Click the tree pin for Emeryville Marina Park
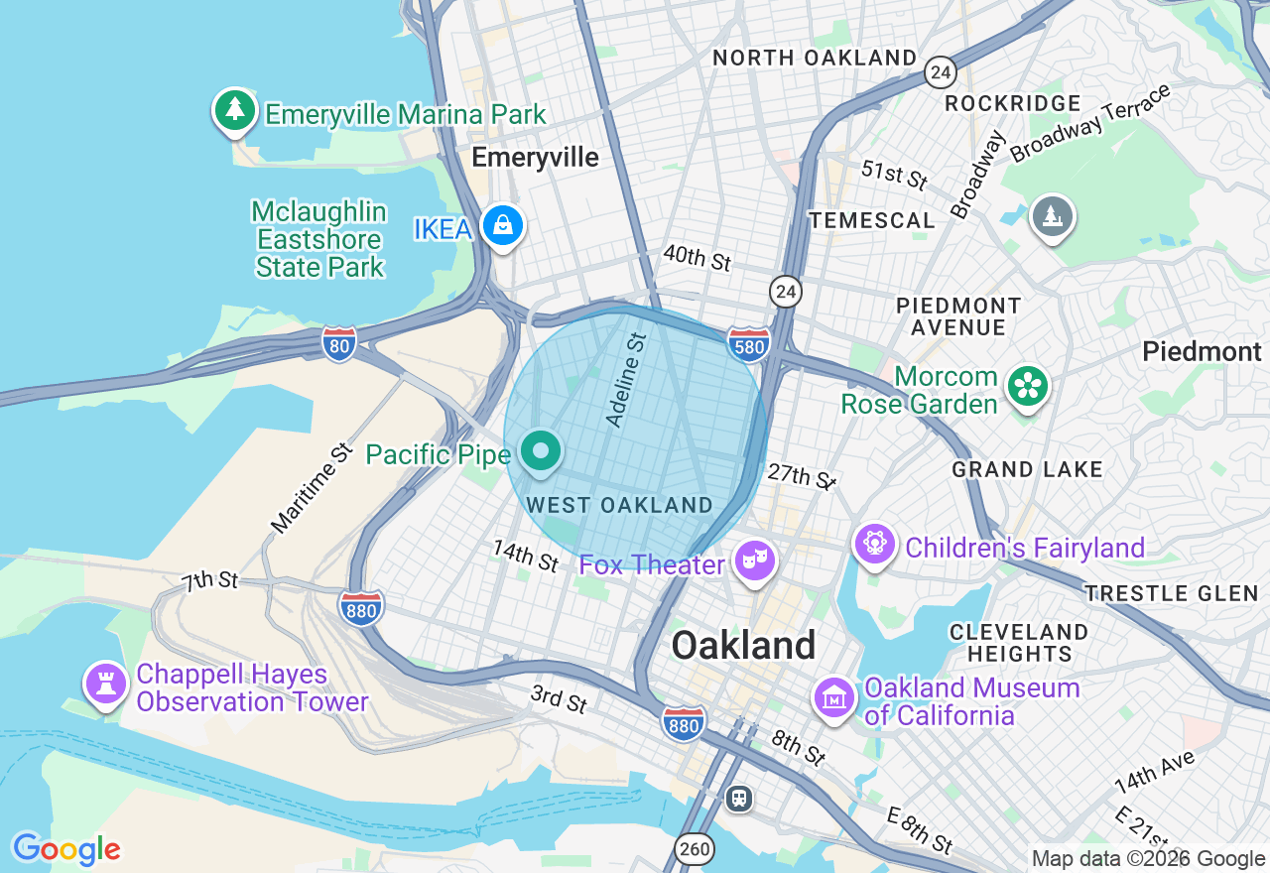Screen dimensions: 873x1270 (x=235, y=110)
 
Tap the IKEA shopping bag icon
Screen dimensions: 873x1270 (x=503, y=226)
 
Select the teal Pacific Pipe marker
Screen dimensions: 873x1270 (x=542, y=452)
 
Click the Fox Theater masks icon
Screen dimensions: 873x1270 (x=755, y=561)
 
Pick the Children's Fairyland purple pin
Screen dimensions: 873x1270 (x=875, y=545)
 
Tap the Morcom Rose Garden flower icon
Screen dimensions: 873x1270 (x=1027, y=387)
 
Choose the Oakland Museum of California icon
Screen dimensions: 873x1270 (x=834, y=698)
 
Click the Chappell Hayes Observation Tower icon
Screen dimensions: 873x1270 (x=105, y=684)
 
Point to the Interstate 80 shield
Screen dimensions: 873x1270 (x=339, y=343)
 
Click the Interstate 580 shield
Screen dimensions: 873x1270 (x=748, y=343)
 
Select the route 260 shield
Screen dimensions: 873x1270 (x=695, y=848)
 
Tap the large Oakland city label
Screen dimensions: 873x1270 (x=743, y=646)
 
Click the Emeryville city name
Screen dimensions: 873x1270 (x=535, y=158)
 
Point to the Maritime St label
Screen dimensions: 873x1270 (x=312, y=487)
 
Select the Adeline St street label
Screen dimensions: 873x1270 (x=626, y=381)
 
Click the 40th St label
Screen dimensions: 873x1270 (x=697, y=258)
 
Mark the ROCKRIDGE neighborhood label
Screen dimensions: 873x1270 (x=1012, y=103)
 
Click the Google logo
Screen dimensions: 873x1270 (x=66, y=849)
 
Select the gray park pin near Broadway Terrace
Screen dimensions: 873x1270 (x=1052, y=216)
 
